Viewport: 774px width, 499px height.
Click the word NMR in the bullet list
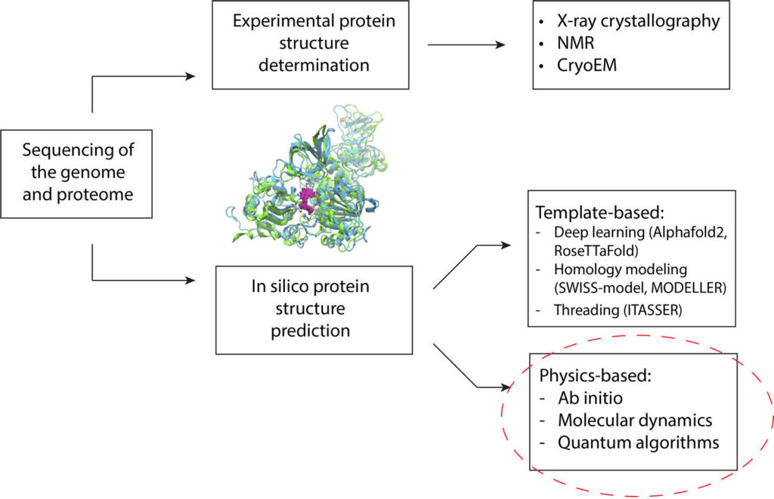575,43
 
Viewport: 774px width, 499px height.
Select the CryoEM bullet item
587,65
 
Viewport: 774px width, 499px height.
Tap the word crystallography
664,21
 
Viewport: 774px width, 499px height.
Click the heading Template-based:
599,213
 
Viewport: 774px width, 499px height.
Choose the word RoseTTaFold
594,251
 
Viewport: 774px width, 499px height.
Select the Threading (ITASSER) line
618,310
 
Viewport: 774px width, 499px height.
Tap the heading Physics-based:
596,376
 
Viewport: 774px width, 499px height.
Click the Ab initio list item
590,398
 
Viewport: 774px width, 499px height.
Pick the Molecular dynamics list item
635,420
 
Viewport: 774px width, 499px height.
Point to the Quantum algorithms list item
638,443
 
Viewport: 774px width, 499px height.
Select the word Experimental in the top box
277,21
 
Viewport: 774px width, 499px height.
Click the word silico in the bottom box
288,286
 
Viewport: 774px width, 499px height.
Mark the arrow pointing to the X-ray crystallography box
466,45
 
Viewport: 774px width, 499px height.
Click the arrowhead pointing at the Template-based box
506,245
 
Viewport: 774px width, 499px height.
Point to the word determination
314,65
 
